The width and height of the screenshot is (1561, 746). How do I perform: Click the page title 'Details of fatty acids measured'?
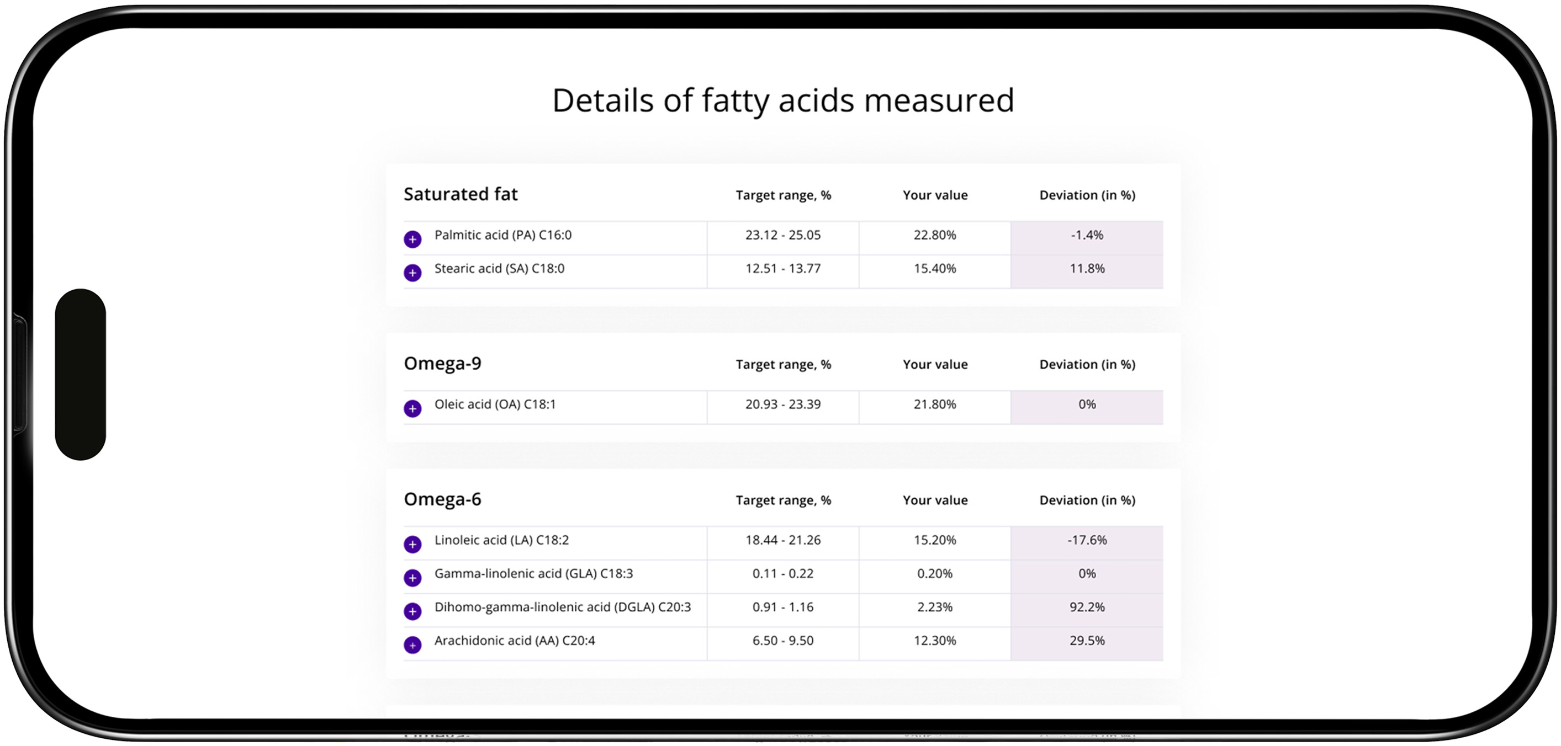[783, 100]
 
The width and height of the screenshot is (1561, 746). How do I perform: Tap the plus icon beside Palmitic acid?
[412, 239]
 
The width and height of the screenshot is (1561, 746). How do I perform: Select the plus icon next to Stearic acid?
[412, 273]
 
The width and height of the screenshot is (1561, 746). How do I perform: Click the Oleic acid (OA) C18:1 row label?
[495, 404]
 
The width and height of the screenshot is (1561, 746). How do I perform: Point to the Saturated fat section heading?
[461, 194]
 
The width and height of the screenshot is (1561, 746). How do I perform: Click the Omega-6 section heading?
[442, 499]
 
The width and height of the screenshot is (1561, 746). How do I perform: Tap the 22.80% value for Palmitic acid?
[934, 235]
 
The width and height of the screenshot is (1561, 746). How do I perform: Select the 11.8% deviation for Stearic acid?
[1087, 268]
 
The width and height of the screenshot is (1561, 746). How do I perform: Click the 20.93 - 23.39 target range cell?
[783, 404]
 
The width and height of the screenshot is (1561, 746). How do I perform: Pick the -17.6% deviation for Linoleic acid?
[1087, 540]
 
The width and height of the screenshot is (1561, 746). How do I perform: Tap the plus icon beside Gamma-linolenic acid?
[412, 578]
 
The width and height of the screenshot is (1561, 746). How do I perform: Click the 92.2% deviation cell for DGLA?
[1087, 607]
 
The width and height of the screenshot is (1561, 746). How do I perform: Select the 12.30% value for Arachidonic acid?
[934, 641]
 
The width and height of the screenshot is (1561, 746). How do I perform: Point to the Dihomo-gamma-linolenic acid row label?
[562, 607]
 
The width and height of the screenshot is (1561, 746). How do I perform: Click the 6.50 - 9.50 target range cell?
[783, 641]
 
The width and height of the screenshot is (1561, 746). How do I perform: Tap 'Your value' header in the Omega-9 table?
[935, 365]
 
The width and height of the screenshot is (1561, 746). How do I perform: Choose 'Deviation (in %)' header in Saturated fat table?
[1087, 195]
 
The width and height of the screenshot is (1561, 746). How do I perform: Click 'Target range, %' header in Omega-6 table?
[783, 500]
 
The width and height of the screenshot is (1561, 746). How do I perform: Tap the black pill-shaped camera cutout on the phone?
[81, 374]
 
